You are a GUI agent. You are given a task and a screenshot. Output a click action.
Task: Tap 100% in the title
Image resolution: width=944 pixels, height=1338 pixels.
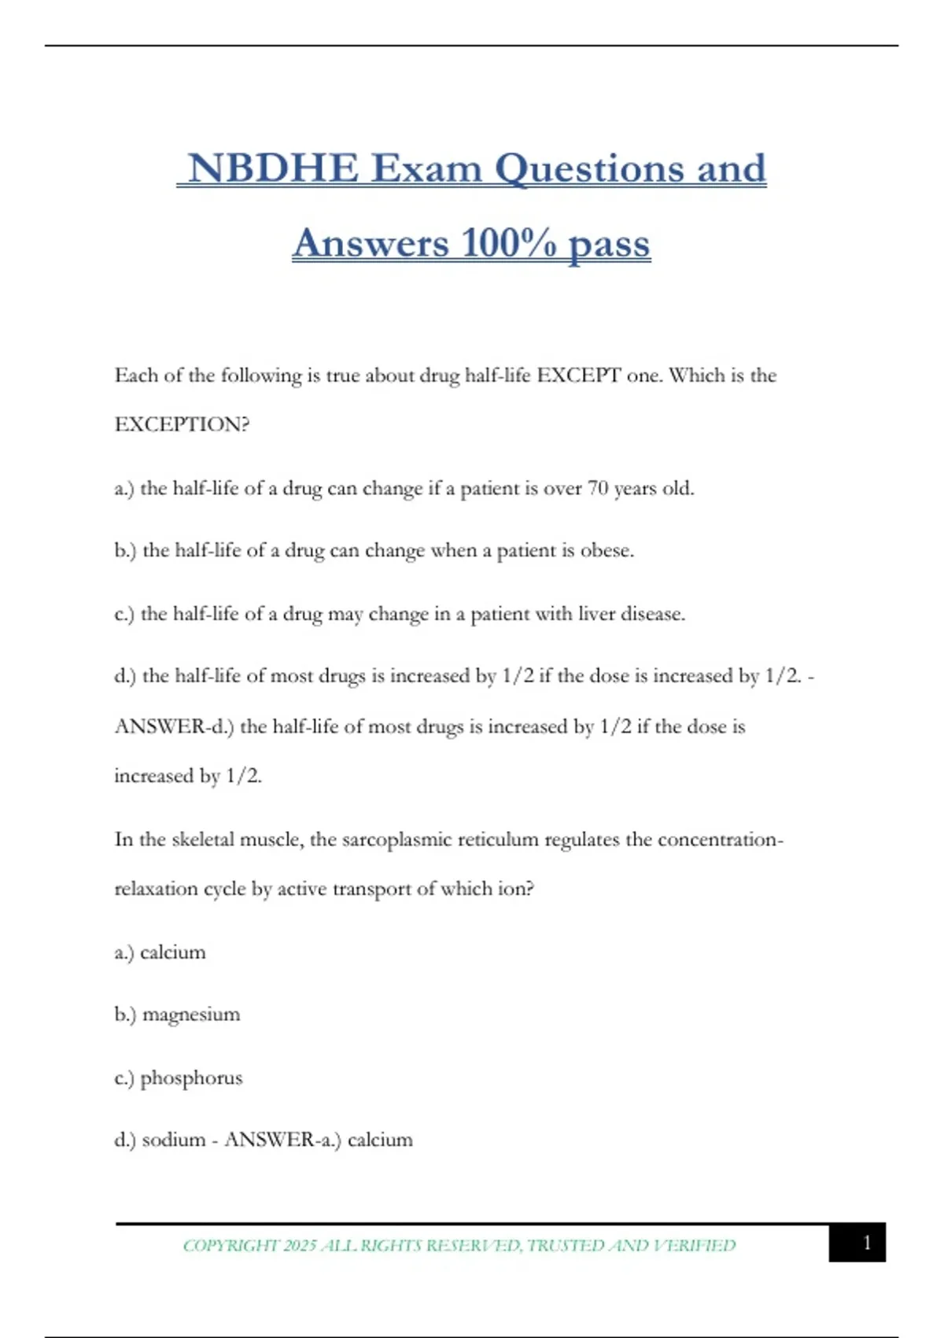pyautogui.click(x=510, y=243)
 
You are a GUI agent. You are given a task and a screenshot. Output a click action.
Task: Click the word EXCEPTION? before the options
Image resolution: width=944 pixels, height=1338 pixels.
pyautogui.click(x=182, y=425)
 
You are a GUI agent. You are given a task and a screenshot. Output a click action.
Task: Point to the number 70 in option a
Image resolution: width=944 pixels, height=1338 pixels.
pyautogui.click(x=598, y=489)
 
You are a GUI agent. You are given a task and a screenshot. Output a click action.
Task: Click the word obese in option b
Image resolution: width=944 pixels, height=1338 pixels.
pyautogui.click(x=606, y=551)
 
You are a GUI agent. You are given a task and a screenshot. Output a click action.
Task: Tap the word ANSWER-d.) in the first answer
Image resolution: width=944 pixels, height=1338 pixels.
pyautogui.click(x=174, y=726)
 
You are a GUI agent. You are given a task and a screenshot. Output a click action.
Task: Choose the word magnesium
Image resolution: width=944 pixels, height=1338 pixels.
pyautogui.click(x=191, y=1015)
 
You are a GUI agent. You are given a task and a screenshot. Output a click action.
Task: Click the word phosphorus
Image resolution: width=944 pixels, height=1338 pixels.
pyautogui.click(x=191, y=1078)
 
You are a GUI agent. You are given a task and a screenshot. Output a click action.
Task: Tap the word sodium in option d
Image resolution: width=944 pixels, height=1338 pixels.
pyautogui.click(x=173, y=1140)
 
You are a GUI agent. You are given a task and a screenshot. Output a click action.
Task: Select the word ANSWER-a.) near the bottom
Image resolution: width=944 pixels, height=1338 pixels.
pyautogui.click(x=282, y=1140)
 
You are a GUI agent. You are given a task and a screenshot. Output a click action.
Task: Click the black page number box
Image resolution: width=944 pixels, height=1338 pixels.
pyautogui.click(x=857, y=1243)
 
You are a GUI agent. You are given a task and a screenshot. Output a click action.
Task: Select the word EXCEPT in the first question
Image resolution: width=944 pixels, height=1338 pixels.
pyautogui.click(x=579, y=375)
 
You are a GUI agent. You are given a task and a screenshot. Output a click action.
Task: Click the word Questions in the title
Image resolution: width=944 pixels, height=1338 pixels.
pyautogui.click(x=590, y=168)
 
